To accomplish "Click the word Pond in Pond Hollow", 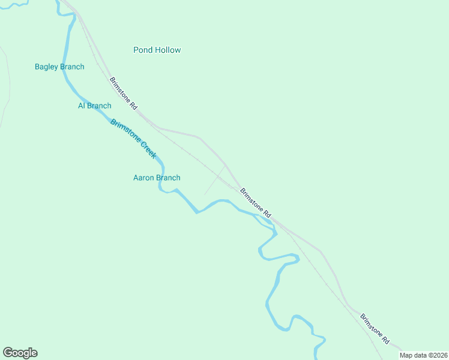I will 143,50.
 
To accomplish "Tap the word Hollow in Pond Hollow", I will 167,50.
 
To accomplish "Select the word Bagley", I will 46,67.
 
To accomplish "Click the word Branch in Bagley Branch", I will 72,67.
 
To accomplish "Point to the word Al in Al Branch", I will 82,106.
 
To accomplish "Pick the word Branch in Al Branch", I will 99,106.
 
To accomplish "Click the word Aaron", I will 143,178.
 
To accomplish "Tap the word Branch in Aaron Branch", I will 168,178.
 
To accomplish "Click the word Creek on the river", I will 149,149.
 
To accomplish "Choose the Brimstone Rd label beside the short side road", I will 256,203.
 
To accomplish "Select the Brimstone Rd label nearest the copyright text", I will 375,328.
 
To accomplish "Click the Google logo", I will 20,353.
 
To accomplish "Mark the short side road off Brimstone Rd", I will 214,181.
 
